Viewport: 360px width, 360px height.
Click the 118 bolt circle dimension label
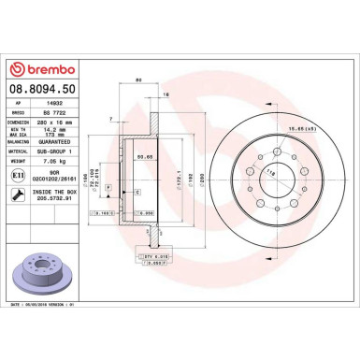pos(247,174)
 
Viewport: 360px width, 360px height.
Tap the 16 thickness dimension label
pos(166,97)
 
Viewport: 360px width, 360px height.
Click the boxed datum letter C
pos(138,191)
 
